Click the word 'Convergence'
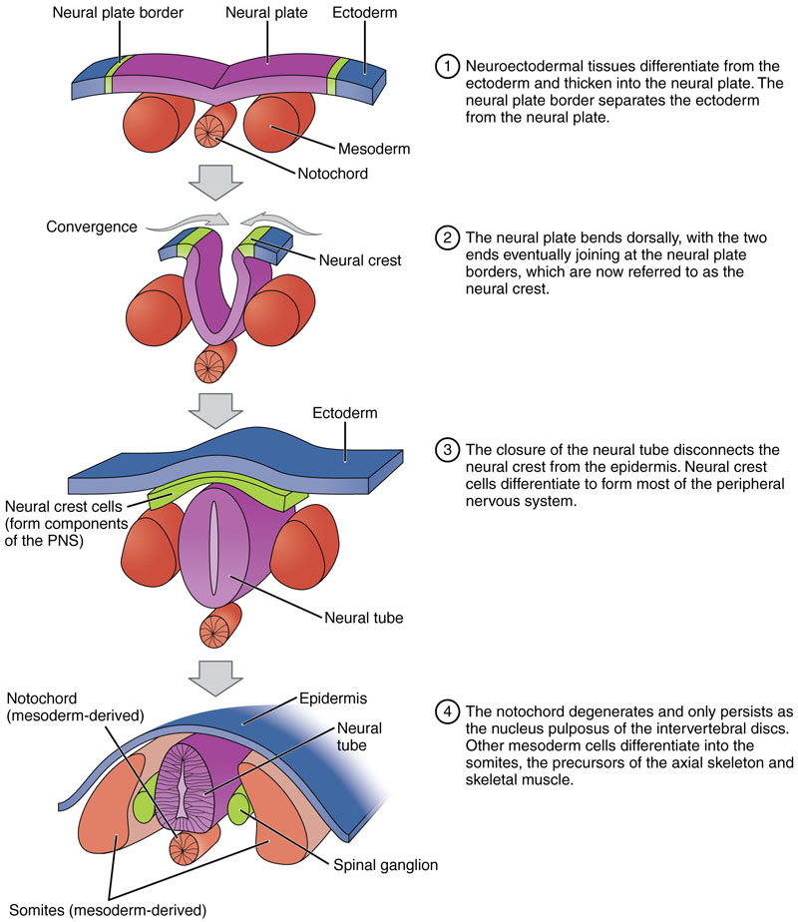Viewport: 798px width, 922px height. coord(91,227)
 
